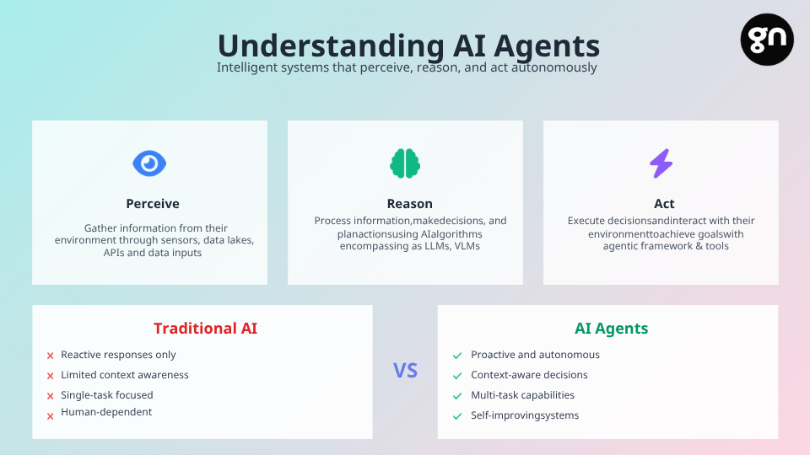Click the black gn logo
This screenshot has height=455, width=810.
click(x=767, y=40)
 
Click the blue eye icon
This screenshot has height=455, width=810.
click(x=149, y=163)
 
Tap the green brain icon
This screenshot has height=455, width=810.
click(x=405, y=163)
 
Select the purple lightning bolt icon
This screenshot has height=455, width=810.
click(x=661, y=163)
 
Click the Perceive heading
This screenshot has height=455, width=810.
click(x=153, y=204)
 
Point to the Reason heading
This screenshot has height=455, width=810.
click(x=410, y=204)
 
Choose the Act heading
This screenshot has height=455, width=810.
click(x=664, y=204)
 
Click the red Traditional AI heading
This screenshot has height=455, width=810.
click(x=205, y=328)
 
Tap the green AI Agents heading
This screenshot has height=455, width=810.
click(x=611, y=328)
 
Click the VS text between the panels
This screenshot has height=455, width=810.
click(x=405, y=371)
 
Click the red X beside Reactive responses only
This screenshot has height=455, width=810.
click(x=50, y=356)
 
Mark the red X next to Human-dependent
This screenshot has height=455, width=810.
click(x=50, y=416)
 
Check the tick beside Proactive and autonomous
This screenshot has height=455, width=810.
click(x=457, y=356)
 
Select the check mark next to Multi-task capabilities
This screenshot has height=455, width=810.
click(x=457, y=396)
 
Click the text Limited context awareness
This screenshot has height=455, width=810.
click(x=125, y=375)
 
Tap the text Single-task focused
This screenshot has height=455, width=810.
click(x=107, y=395)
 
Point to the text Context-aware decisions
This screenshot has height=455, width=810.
click(x=529, y=375)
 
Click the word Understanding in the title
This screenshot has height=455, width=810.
click(x=331, y=45)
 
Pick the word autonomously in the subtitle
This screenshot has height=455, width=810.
click(x=553, y=67)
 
